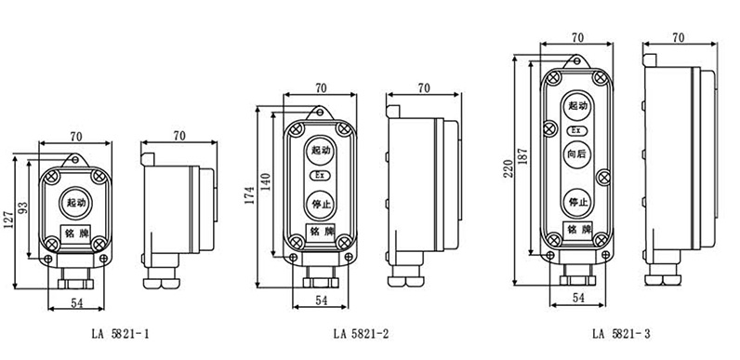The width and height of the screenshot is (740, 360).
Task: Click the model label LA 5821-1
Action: [120, 334]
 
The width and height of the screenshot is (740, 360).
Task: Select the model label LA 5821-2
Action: [362, 334]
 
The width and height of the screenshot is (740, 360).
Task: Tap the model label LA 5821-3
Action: [622, 334]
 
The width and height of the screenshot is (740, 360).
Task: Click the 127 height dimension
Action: [8, 220]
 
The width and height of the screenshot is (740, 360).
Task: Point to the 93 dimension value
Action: [23, 208]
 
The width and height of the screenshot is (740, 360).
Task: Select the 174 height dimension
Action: [250, 195]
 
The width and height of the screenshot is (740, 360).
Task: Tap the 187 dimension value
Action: [522, 156]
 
